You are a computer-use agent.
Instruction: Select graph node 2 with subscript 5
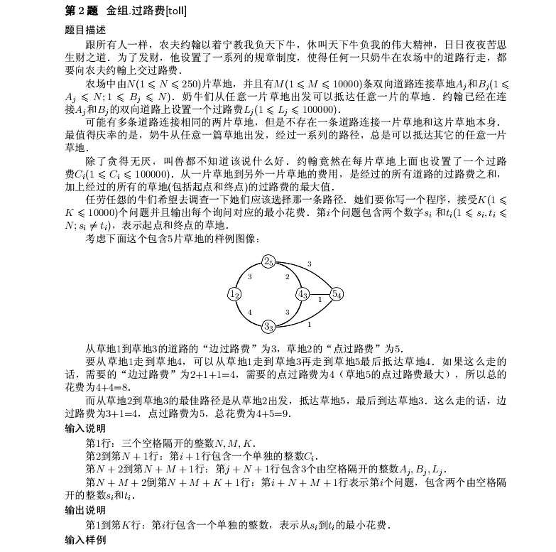pyautogui.click(x=268, y=261)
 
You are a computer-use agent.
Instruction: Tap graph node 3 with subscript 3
pyautogui.click(x=268, y=326)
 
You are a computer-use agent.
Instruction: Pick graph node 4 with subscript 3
pyautogui.click(x=302, y=294)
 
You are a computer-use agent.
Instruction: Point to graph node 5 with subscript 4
pyautogui.click(x=337, y=294)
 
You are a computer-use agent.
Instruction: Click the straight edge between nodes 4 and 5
pyautogui.click(x=320, y=294)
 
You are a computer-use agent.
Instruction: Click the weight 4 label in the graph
pyautogui.click(x=249, y=312)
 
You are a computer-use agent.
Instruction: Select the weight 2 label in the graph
pyautogui.click(x=288, y=276)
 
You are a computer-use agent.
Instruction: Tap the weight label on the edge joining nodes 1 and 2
pyautogui.click(x=249, y=276)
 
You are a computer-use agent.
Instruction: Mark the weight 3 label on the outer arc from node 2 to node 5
pyautogui.click(x=309, y=264)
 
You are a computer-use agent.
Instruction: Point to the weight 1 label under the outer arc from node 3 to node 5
pyautogui.click(x=309, y=325)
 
